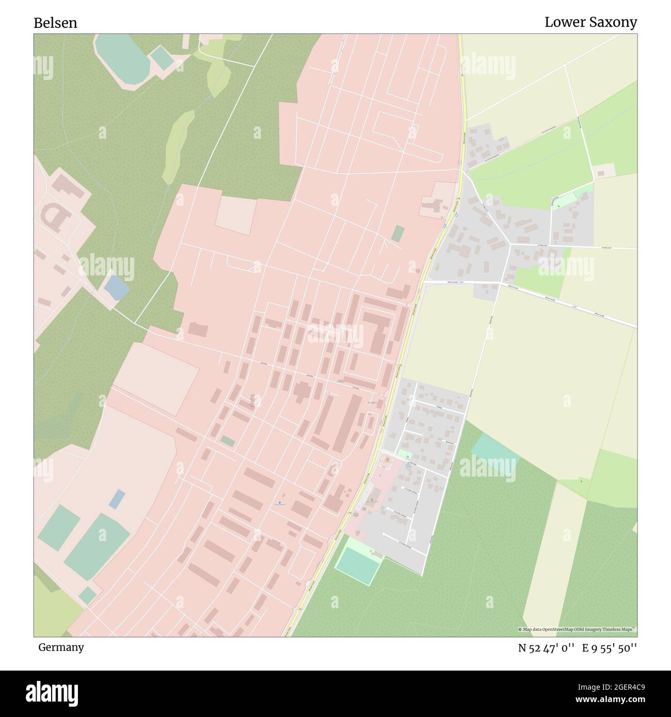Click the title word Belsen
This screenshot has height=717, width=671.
click(55, 23)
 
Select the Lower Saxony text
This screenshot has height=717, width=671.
click(590, 22)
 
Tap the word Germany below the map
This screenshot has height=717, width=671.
click(61, 647)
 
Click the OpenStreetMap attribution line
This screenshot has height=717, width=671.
click(577, 629)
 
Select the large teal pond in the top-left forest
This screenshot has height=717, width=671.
click(122, 56)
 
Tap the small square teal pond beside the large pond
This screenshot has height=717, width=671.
click(162, 58)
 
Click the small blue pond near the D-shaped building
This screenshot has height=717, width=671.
click(117, 287)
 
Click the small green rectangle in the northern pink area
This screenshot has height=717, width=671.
click(397, 233)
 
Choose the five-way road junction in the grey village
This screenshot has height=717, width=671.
click(510, 243)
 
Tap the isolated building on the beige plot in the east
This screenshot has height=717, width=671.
click(604, 171)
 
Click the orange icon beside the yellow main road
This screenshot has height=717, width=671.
click(387, 459)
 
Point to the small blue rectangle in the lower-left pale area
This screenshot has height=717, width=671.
click(117, 499)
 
